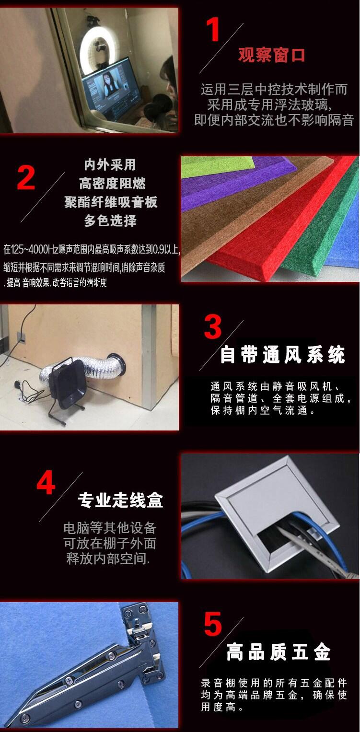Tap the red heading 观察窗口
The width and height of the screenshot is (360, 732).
271,55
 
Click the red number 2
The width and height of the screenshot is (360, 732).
26,178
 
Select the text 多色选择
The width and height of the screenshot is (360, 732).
110,221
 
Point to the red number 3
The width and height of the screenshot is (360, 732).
213,327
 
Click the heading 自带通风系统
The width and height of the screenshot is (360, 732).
282,355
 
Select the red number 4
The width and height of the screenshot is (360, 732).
46,483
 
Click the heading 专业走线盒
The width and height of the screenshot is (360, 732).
120,500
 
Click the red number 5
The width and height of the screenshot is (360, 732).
213,624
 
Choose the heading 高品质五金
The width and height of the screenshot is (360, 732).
279,652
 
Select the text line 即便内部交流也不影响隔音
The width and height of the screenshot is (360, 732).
274,120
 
